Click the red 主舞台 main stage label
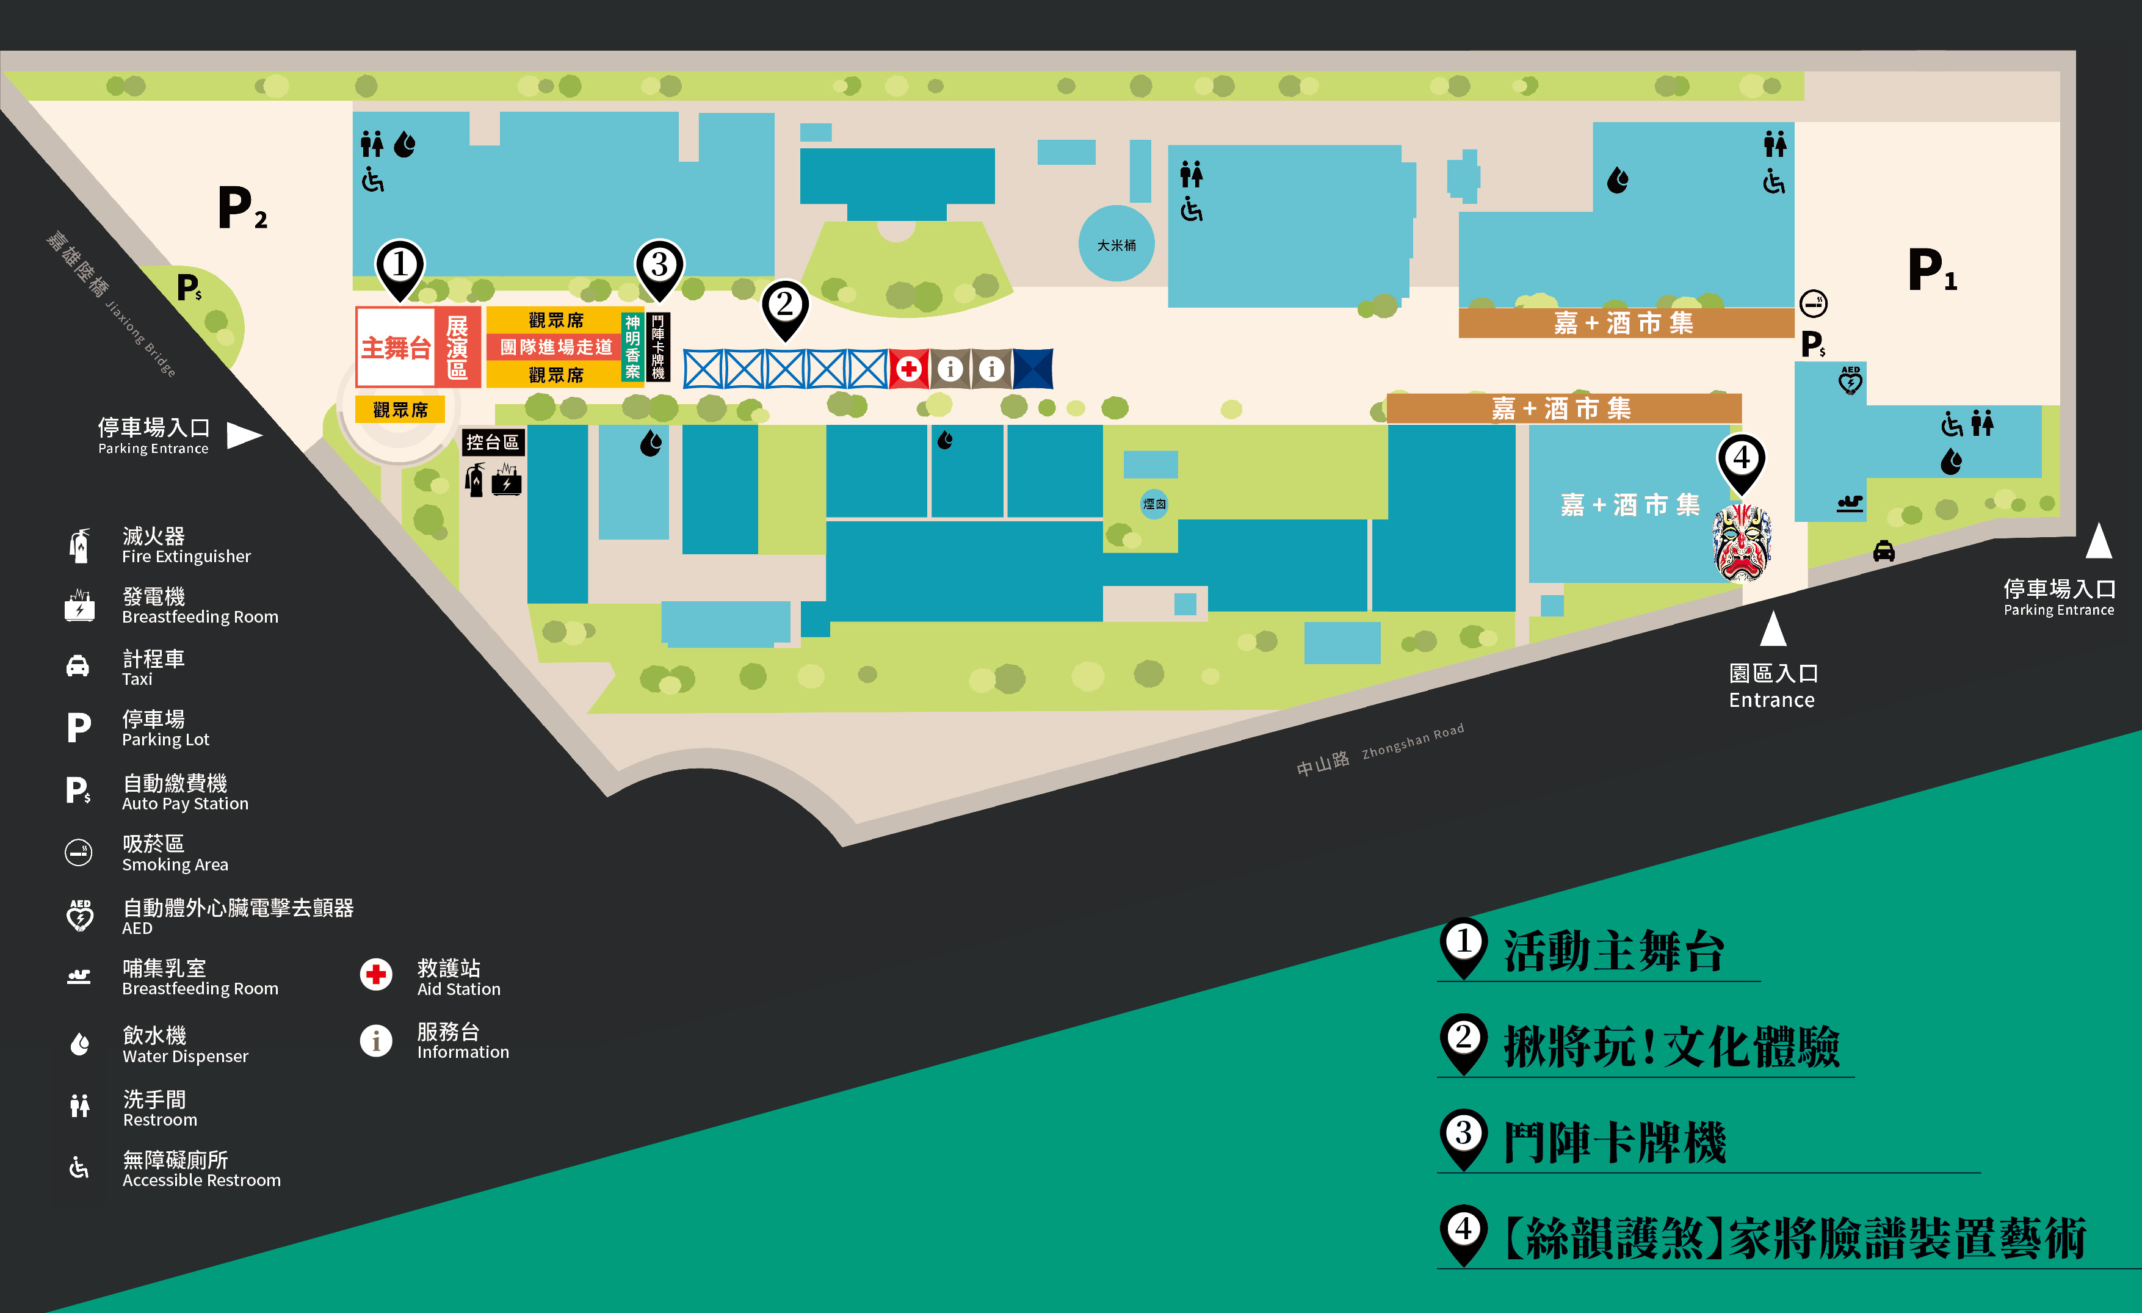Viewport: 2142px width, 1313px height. coord(396,348)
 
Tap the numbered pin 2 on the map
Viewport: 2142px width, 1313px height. coord(785,306)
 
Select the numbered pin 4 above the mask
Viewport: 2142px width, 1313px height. coord(1741,459)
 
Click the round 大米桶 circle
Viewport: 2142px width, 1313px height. coord(1116,244)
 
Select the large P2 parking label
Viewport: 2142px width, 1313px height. coord(242,209)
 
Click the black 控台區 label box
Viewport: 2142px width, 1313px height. coord(492,443)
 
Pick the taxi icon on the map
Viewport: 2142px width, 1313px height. coord(1884,551)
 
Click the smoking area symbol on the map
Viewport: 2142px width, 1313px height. coord(1814,303)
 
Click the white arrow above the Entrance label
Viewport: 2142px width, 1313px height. coord(1773,629)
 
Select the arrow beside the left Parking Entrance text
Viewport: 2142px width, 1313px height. coord(244,435)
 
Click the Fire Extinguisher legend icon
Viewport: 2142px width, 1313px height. coord(80,545)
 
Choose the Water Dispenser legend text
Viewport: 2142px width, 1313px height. coord(185,1045)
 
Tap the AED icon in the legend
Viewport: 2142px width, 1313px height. coord(80,916)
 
